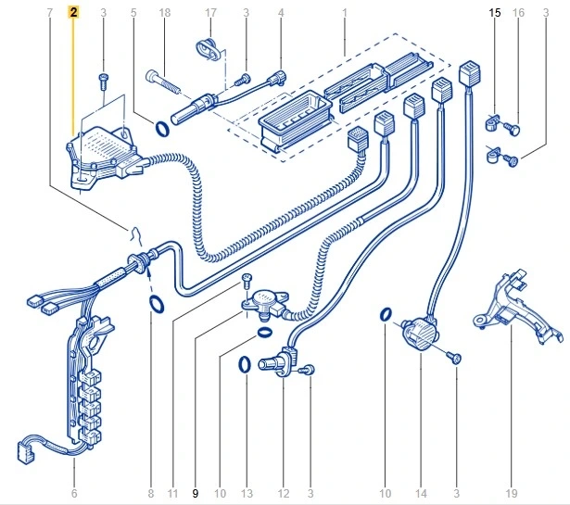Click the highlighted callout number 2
(74, 14)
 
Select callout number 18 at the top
(164, 14)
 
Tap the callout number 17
(210, 14)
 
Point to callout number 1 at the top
(344, 14)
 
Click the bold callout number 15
(494, 14)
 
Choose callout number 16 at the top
(518, 14)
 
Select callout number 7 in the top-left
(48, 14)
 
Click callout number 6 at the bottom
(74, 493)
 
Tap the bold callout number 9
(196, 493)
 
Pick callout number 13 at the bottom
(246, 493)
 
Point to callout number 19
(511, 493)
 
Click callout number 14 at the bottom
(422, 493)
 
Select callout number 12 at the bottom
(283, 493)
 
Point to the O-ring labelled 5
(161, 127)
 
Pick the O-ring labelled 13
(245, 364)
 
